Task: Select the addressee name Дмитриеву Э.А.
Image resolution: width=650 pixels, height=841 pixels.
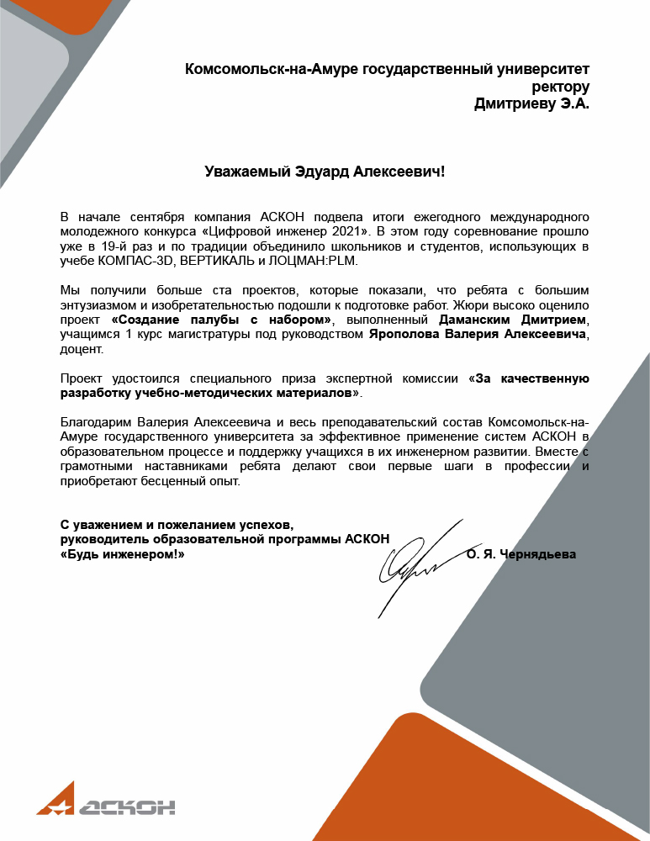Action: click(x=532, y=104)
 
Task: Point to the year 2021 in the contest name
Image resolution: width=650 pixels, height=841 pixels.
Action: click(x=355, y=230)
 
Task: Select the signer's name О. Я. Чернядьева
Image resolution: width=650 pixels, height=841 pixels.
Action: click(x=521, y=554)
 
